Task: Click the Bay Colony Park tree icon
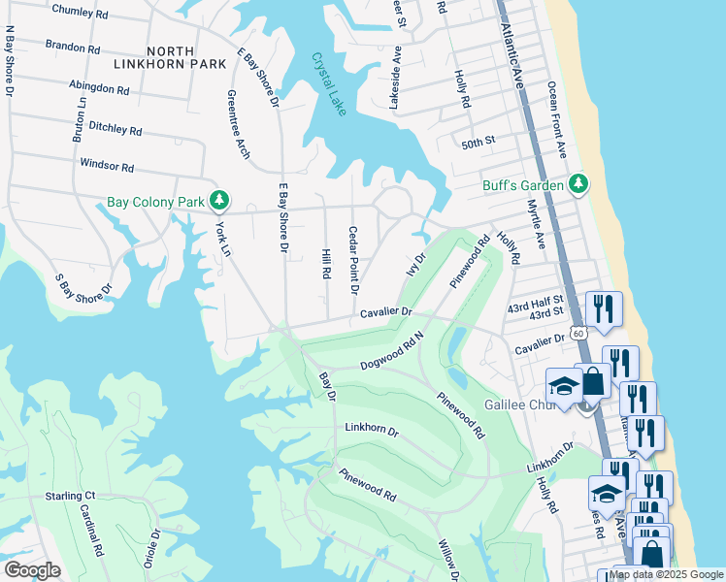(220, 201)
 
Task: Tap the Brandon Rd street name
(73, 47)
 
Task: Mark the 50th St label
(478, 142)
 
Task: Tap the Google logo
(31, 570)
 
